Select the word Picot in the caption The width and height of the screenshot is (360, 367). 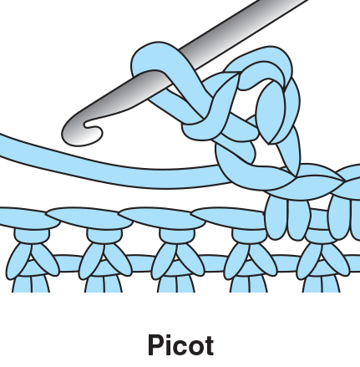[181, 345]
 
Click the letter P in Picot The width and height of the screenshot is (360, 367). [156, 345]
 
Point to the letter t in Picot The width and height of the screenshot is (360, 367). [209, 346]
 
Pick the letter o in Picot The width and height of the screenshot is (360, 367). [195, 348]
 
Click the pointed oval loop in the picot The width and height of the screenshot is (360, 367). [271, 111]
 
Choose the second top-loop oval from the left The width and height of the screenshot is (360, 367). [89, 218]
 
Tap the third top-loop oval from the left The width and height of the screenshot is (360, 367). [162, 218]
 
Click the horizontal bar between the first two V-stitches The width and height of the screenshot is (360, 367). [69, 263]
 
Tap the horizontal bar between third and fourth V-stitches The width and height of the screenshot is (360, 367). [215, 263]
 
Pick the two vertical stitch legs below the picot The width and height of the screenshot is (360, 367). [287, 217]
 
